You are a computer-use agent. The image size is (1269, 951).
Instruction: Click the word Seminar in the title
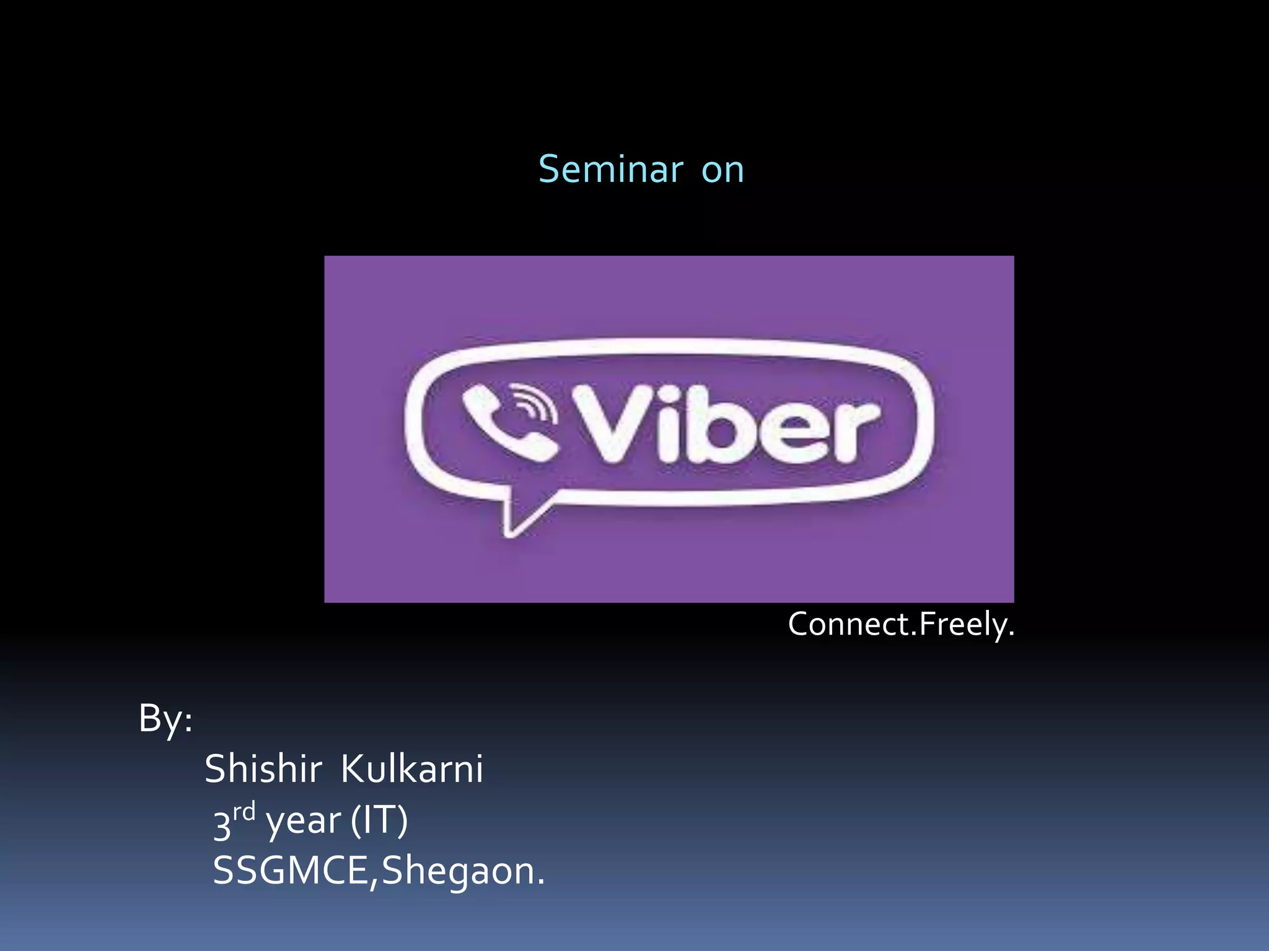click(610, 170)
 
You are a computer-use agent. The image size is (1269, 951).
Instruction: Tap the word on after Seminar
click(722, 170)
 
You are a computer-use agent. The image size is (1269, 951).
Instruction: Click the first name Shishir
click(263, 770)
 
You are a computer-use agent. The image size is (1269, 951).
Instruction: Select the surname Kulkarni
click(412, 770)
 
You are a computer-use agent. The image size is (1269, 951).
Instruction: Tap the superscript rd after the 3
click(244, 812)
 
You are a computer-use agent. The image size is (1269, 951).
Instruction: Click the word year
click(303, 822)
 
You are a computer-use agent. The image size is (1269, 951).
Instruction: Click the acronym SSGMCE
click(291, 871)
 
